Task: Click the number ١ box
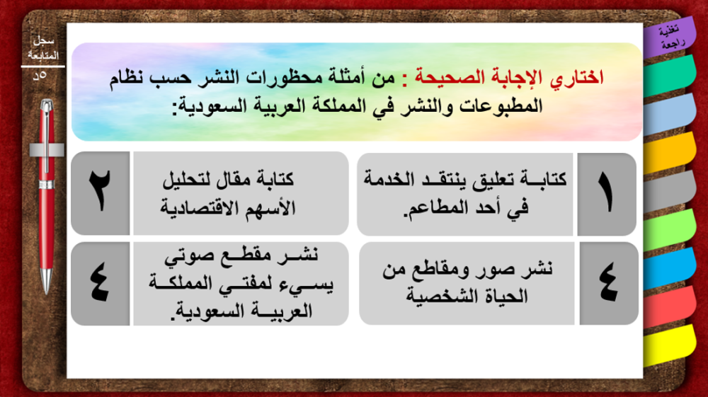point(607,195)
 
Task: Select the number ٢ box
point(101,193)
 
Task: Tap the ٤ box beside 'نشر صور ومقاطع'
point(609,283)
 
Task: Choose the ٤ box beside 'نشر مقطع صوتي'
point(101,284)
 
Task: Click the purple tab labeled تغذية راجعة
point(670,38)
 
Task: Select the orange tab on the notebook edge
point(670,152)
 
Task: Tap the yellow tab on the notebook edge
point(670,345)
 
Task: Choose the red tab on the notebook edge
point(670,307)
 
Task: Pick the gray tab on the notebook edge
point(670,191)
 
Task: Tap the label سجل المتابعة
point(43,48)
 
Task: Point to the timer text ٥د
point(40,75)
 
